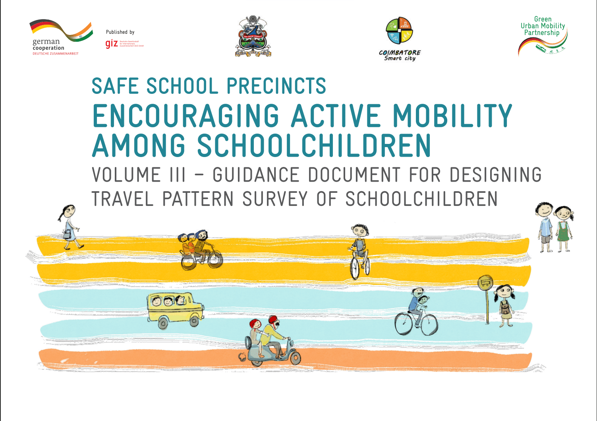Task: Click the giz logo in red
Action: pos(112,44)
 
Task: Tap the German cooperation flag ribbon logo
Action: pos(62,31)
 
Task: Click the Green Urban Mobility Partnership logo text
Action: pos(543,26)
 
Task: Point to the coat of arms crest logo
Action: pos(253,37)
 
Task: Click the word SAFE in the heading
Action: pos(115,86)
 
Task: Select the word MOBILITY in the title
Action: pos(452,116)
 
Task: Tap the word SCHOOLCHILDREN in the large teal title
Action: pos(314,146)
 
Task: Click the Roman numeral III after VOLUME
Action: pos(178,175)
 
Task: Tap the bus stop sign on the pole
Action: pos(485,283)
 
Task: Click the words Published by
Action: pos(120,32)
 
